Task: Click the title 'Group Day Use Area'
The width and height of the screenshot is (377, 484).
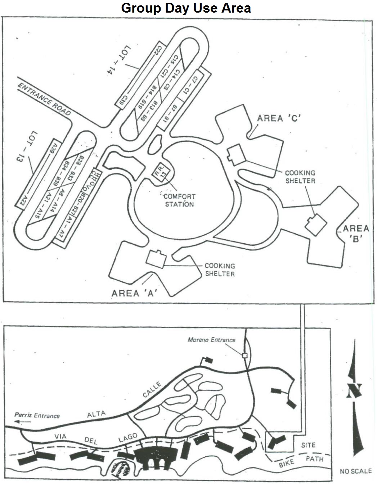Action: pos(186,8)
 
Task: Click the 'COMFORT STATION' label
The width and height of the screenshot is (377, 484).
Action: pos(179,200)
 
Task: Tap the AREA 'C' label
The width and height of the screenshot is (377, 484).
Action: pos(279,118)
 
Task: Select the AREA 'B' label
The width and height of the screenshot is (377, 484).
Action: pos(356,233)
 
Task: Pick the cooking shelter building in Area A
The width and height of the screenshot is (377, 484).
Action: pos(156,259)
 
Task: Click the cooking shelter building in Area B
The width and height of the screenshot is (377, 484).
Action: pos(316,225)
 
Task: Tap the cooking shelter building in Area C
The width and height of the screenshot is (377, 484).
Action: pos(236,155)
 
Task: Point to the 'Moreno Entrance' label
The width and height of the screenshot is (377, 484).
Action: pos(211,340)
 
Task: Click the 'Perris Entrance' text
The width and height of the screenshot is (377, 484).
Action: pos(37,415)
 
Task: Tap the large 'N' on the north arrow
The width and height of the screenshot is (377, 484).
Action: pos(354,390)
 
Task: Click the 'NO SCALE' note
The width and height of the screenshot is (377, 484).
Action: pos(355,471)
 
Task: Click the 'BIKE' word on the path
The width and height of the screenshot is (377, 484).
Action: pos(286,463)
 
